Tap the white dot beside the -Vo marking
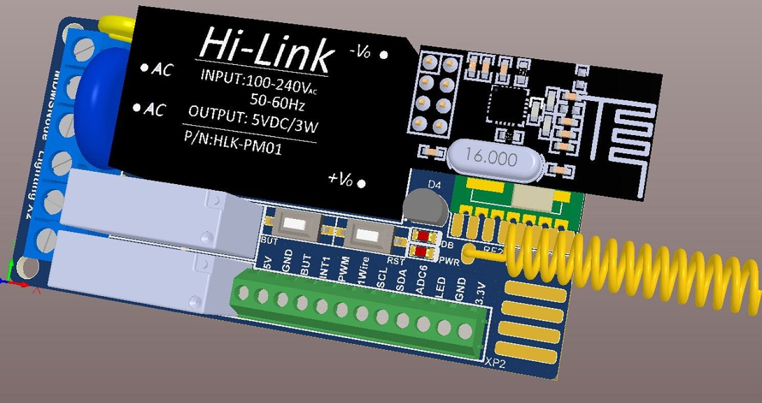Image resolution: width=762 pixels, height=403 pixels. (x=384, y=55)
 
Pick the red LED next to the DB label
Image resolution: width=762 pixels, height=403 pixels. (x=423, y=236)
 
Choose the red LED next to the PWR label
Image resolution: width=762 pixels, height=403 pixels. (x=423, y=251)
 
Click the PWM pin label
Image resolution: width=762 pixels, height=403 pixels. (x=343, y=270)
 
